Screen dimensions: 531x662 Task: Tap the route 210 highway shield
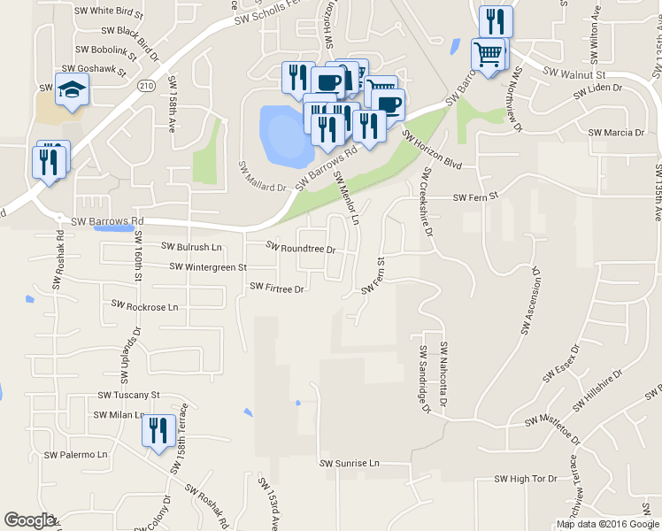[x=147, y=85]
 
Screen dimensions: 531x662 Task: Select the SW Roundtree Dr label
[x=301, y=248]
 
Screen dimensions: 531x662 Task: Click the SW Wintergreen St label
[x=209, y=266]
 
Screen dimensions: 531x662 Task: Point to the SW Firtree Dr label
[x=277, y=288]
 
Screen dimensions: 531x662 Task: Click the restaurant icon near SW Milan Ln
[x=158, y=431]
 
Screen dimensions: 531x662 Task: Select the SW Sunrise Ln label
[x=349, y=463]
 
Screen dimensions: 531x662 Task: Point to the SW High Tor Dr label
[x=526, y=479]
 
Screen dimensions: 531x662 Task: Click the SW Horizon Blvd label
[x=433, y=150]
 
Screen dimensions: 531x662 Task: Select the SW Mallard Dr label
[x=263, y=177]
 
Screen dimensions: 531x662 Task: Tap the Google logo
[x=30, y=520]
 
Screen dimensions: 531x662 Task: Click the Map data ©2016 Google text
[x=608, y=524]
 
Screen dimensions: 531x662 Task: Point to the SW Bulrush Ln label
[x=191, y=247]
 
